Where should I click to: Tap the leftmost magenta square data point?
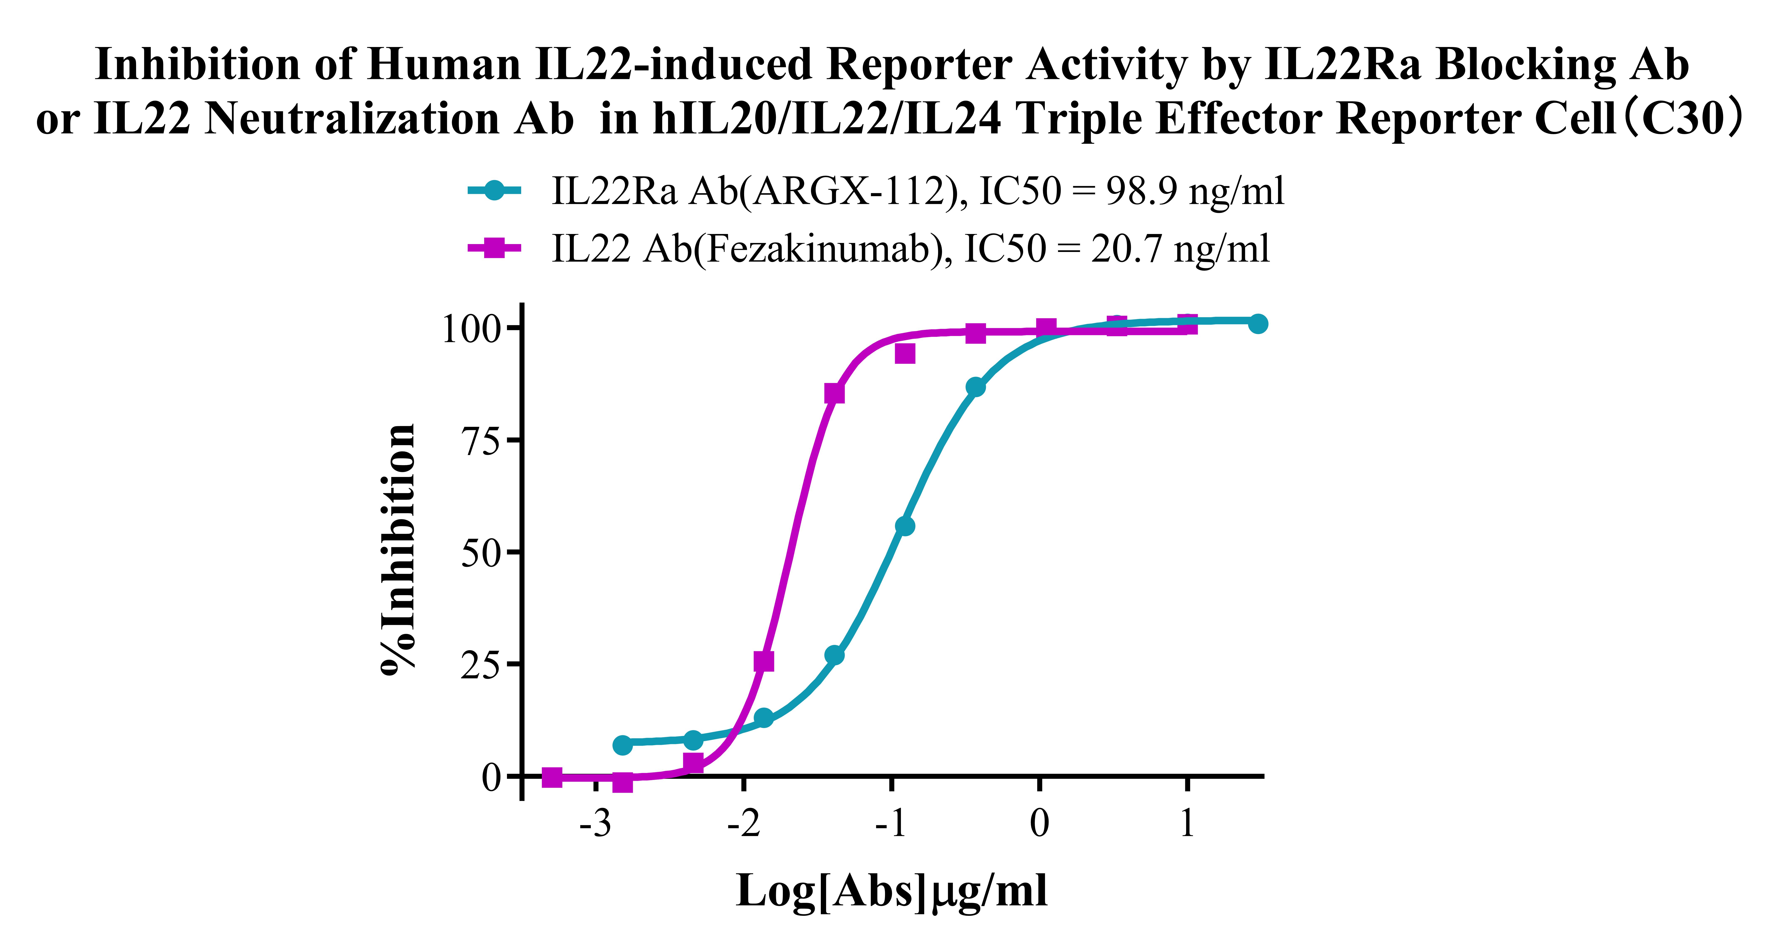pyautogui.click(x=552, y=777)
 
